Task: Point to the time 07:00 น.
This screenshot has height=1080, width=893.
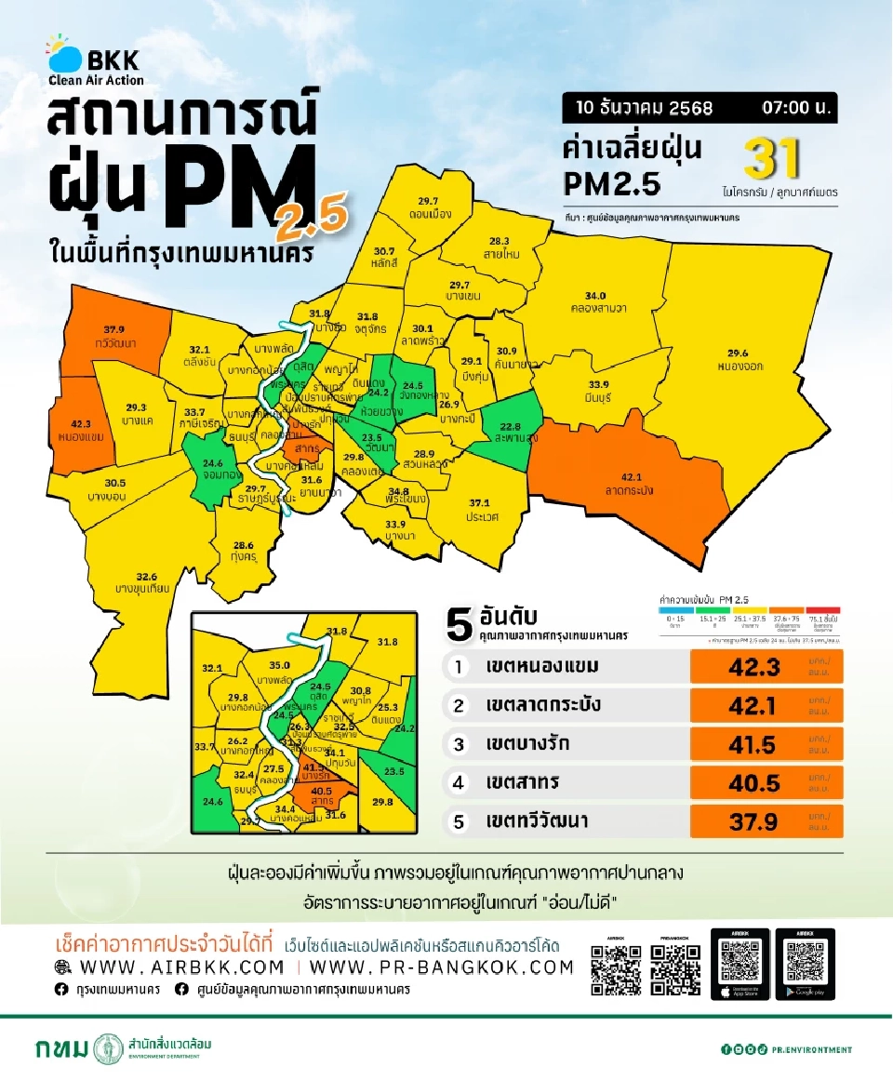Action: [796, 108]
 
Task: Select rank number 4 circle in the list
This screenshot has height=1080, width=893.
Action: [458, 783]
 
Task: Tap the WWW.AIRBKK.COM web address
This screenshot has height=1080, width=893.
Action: [183, 967]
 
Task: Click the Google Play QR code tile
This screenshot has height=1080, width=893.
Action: [803, 965]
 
